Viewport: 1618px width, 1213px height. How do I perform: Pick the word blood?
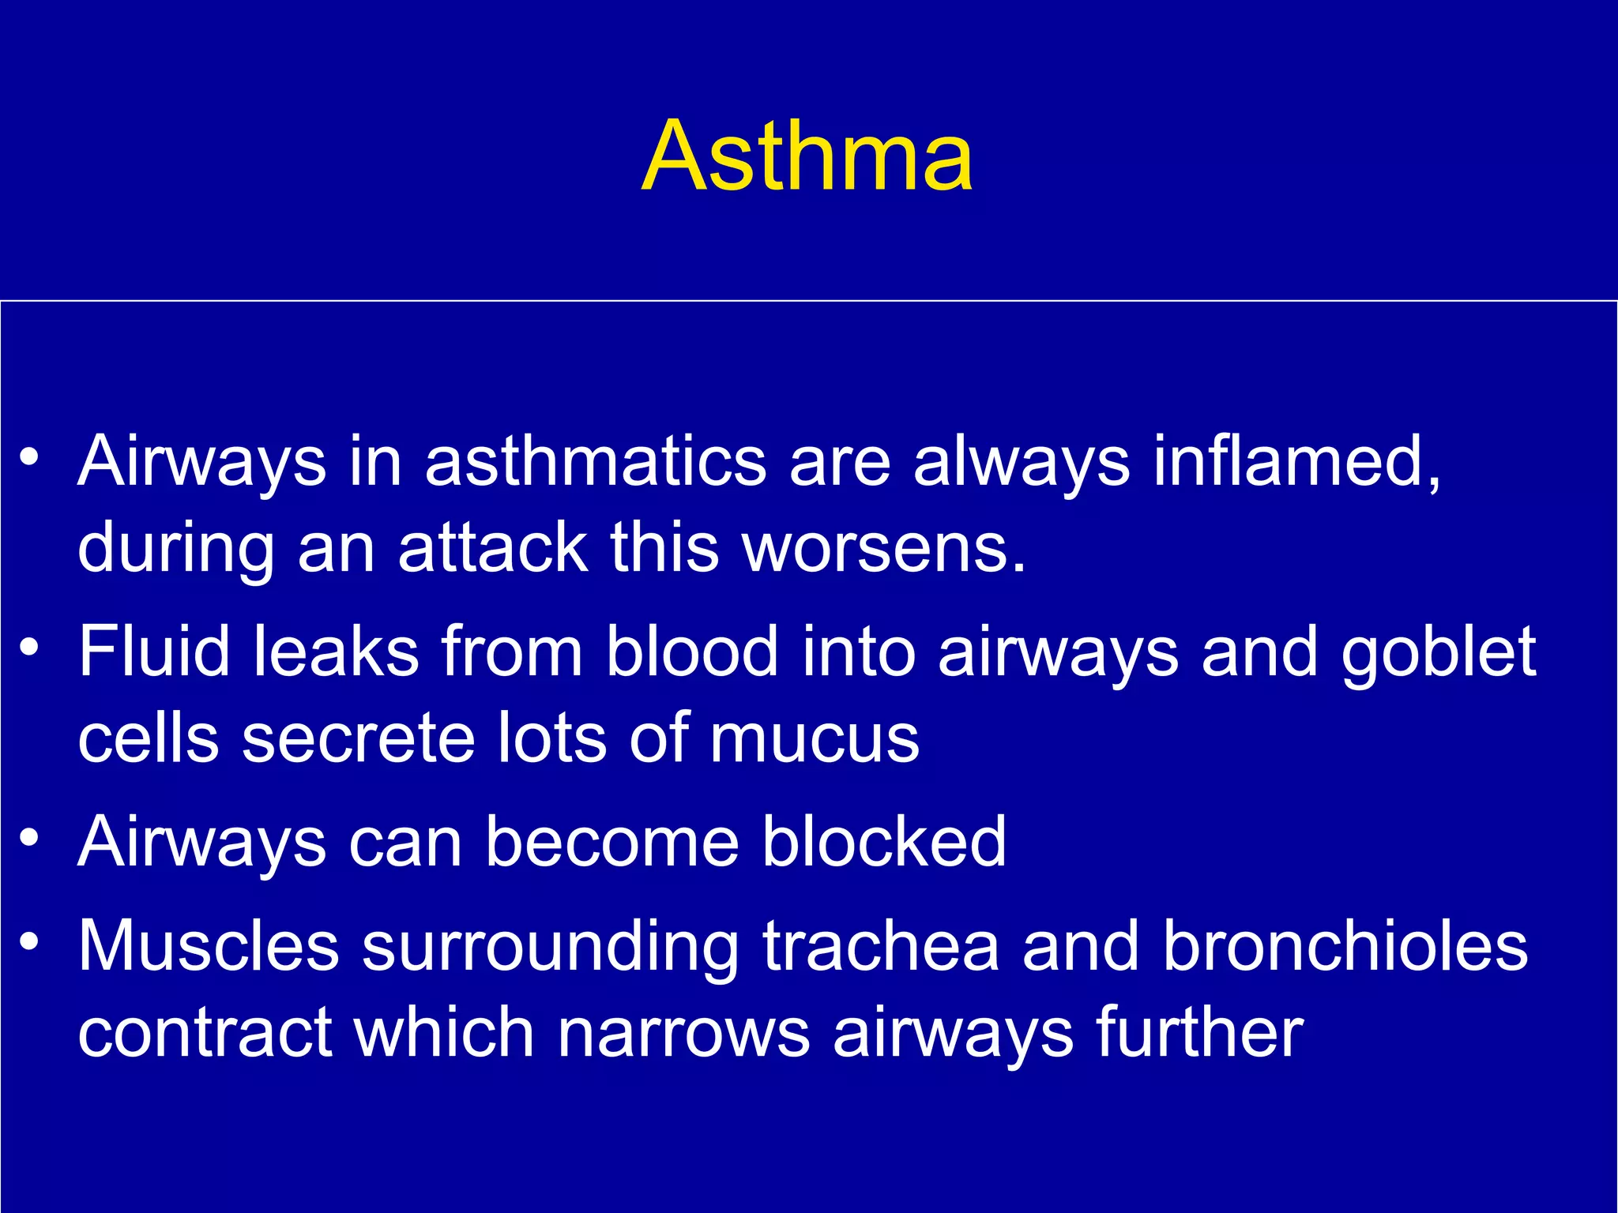pyautogui.click(x=692, y=651)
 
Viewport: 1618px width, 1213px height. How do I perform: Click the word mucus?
pyautogui.click(x=814, y=738)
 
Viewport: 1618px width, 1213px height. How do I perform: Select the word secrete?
pyautogui.click(x=359, y=738)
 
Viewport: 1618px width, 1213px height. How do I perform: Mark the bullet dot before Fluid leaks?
pyautogui.click(x=29, y=648)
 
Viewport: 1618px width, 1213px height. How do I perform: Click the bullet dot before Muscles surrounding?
pyautogui.click(x=29, y=942)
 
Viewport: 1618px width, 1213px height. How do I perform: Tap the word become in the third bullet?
pyautogui.click(x=611, y=842)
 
